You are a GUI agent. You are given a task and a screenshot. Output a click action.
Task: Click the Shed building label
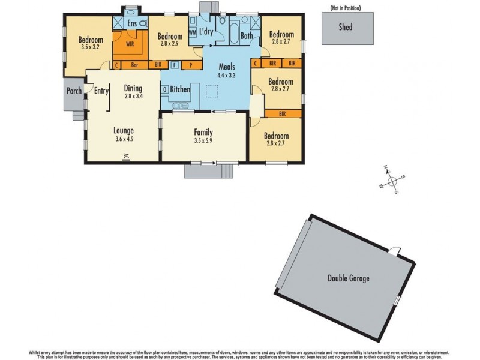(345, 27)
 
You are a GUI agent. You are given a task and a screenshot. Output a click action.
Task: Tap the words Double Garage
(348, 278)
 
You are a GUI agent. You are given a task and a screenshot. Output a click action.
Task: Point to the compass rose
(391, 179)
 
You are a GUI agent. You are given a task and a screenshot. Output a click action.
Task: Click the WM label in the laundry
(193, 32)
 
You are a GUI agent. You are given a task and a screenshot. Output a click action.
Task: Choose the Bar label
(135, 64)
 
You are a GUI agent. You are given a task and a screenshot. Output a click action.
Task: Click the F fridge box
(174, 64)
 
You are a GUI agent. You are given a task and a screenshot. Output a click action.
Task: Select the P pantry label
(191, 64)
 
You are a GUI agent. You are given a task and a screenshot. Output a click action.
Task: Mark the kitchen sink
(179, 107)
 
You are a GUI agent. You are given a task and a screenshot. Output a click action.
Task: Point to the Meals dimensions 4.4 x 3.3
(226, 76)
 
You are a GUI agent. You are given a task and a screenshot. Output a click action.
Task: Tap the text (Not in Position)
(345, 7)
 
